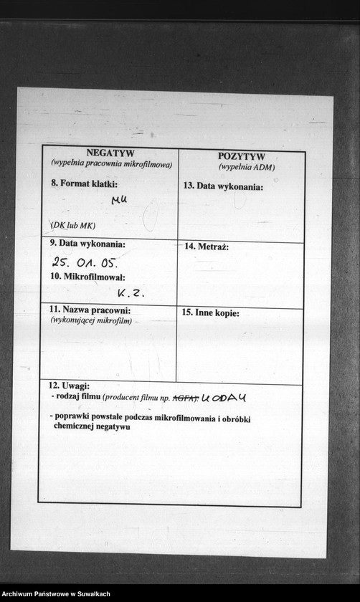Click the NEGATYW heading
pos(110,153)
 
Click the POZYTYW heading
pos(241,157)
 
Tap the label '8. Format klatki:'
pos(84,183)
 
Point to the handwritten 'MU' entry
pos(119,200)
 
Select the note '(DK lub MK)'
pos(72,225)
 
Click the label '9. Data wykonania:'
pos(87,244)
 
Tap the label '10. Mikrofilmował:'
pos(87,277)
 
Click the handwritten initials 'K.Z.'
pos(131,292)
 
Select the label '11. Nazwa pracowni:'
pos(90,310)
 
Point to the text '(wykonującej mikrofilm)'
pos(91,320)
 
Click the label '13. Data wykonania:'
pos(223,186)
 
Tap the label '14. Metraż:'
pos(207,247)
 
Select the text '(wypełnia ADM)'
pos(247,167)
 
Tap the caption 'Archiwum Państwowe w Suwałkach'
pos(56,594)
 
